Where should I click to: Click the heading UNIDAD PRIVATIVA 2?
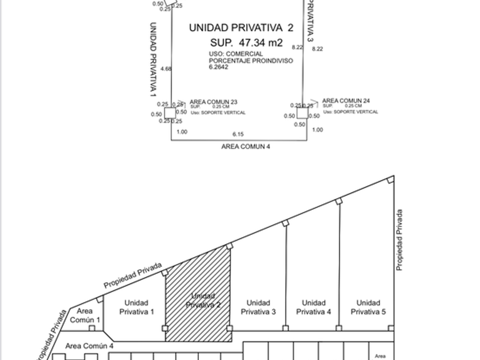pyautogui.click(x=241, y=27)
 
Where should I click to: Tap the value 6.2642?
pyautogui.click(x=218, y=67)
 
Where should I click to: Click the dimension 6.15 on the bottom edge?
pyautogui.click(x=238, y=134)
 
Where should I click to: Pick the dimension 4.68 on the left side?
pyautogui.click(x=166, y=69)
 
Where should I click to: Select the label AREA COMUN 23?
pyautogui.click(x=213, y=102)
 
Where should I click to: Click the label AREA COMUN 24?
pyautogui.click(x=346, y=101)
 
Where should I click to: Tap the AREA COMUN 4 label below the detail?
pyautogui.click(x=246, y=147)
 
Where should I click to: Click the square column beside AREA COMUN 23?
pyautogui.click(x=170, y=113)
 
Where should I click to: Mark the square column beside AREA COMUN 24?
pyautogui.click(x=302, y=113)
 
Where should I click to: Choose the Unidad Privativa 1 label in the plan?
pyautogui.click(x=136, y=307)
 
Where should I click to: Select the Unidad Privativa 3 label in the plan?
pyautogui.click(x=258, y=307)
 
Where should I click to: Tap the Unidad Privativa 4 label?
pyautogui.click(x=314, y=307)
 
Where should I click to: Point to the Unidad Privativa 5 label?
pyautogui.click(x=368, y=307)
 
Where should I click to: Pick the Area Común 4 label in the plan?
pyautogui.click(x=89, y=346)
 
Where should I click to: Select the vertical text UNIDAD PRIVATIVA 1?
pyautogui.click(x=153, y=59)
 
